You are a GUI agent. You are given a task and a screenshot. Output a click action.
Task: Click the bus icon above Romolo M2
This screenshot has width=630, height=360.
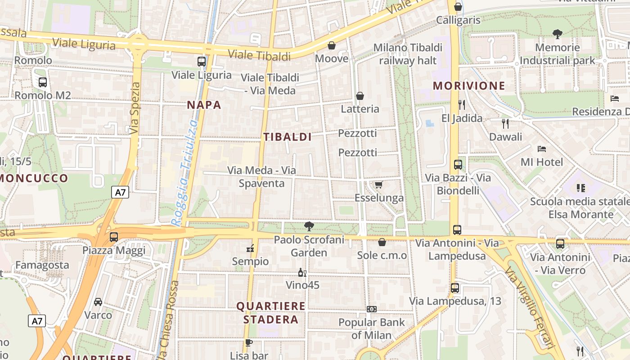point(43,82)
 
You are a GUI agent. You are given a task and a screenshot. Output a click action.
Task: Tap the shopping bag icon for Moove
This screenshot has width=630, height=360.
point(332,45)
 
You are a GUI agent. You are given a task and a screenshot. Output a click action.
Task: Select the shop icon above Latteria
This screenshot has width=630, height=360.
point(360,96)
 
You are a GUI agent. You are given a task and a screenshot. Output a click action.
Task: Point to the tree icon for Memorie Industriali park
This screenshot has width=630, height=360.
point(558,34)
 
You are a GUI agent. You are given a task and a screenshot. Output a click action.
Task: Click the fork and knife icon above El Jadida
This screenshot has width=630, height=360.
point(461,105)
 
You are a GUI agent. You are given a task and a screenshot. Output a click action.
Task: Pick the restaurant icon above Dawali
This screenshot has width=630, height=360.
point(505,123)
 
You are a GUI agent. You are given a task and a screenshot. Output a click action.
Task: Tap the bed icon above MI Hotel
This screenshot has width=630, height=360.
point(542,148)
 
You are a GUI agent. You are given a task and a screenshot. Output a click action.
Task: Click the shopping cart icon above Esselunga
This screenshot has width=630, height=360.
point(378,184)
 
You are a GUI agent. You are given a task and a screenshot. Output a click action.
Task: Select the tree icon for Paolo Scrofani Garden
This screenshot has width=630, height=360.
point(309,226)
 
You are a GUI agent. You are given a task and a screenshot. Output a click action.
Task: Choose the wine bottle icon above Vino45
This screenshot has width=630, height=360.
point(302,272)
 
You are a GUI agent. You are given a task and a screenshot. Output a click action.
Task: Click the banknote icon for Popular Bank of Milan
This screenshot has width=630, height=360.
point(372,309)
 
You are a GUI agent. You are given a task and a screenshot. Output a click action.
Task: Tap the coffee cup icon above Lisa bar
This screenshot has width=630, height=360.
point(248,342)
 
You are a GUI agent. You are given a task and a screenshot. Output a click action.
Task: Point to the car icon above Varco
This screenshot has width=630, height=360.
point(98,301)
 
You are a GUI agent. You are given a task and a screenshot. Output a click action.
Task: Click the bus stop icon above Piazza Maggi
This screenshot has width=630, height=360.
point(114,237)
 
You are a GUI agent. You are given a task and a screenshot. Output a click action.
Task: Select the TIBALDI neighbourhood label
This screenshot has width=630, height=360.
point(288,137)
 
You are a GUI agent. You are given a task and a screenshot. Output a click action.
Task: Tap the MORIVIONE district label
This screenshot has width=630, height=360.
point(469,85)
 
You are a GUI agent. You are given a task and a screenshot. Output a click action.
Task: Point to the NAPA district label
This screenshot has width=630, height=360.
point(204,105)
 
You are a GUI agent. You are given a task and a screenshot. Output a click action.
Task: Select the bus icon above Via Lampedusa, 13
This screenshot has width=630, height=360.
point(455,288)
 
